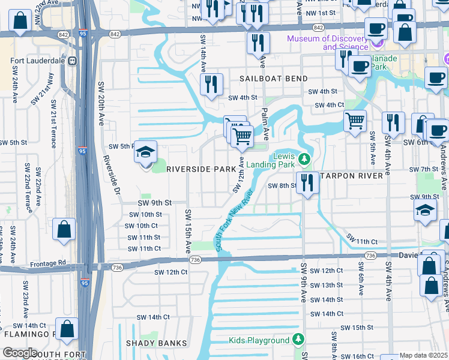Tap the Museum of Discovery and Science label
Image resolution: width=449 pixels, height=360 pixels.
327,43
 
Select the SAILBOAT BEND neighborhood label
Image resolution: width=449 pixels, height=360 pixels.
274,79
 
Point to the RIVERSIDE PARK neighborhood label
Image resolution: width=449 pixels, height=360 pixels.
200,169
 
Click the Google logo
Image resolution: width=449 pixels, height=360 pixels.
20,353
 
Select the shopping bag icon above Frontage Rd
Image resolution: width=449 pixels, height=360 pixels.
64,230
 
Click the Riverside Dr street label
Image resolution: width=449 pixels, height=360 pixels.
110,174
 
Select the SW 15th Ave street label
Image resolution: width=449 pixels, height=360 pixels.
188,231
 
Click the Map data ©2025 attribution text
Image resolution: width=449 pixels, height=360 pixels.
424,355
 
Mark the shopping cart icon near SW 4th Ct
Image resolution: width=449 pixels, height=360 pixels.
355,120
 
